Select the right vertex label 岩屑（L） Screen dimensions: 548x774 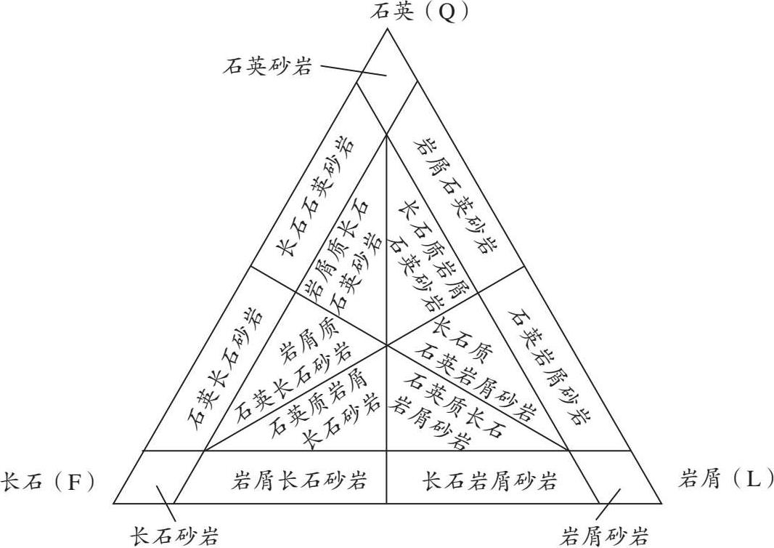(x=722, y=479)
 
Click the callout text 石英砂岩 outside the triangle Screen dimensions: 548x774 (x=268, y=68)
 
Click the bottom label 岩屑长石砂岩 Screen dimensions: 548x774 (x=300, y=480)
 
